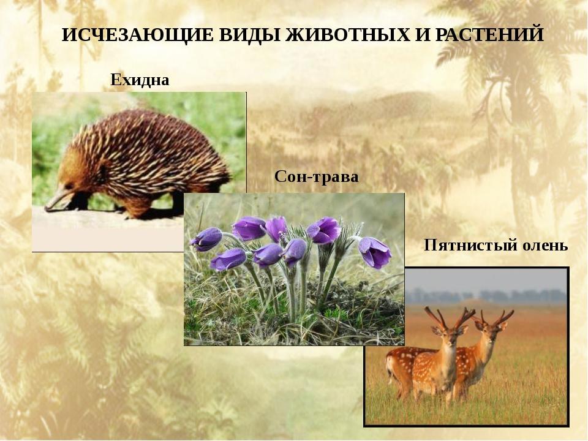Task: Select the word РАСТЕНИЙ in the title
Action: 489,34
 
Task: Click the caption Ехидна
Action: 140,80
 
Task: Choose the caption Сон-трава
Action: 317,176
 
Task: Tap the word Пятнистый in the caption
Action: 465,245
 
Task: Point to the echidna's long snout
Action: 56,201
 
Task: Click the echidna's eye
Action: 69,186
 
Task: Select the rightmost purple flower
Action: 375,251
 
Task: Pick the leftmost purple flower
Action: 206,239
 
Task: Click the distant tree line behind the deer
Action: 487,296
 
